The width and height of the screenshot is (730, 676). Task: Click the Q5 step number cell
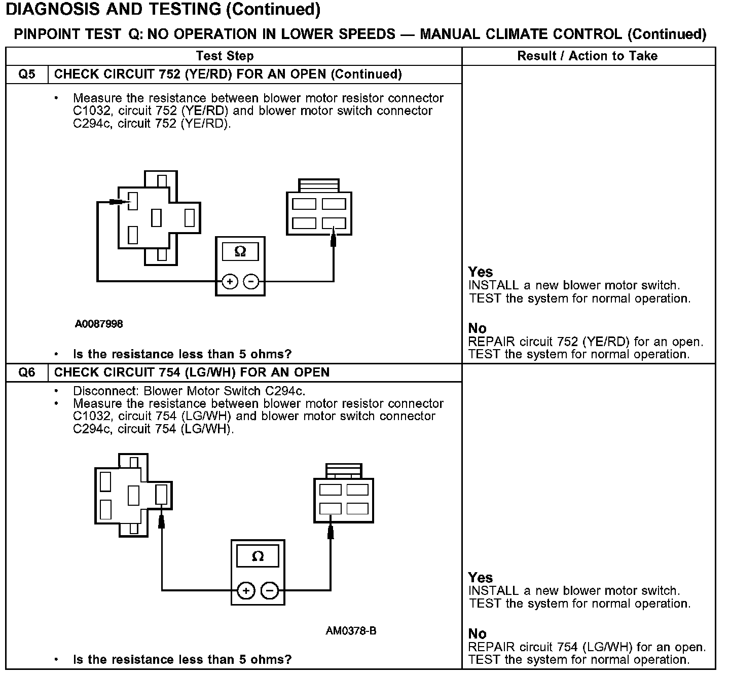[27, 74]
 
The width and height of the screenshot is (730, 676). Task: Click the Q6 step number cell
[27, 372]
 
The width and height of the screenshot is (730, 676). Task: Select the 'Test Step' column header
[225, 56]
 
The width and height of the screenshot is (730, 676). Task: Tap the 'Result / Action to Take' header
[587, 56]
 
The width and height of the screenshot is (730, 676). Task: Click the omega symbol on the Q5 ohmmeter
[240, 251]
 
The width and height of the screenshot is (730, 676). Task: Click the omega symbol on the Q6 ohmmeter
[258, 556]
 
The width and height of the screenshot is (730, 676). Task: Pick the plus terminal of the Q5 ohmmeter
[230, 282]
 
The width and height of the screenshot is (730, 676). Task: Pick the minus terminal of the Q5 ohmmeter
[251, 282]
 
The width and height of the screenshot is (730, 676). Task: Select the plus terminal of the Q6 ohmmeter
[245, 590]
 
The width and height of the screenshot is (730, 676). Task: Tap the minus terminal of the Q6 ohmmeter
[270, 590]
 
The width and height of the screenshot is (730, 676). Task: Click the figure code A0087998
[99, 324]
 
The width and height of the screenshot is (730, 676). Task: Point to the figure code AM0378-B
[351, 631]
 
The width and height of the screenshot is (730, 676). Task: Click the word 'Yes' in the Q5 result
[481, 272]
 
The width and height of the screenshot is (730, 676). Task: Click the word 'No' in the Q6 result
[477, 633]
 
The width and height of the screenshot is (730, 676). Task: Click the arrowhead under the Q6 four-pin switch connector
[331, 531]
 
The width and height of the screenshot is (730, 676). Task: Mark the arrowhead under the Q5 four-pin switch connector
[333, 237]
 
